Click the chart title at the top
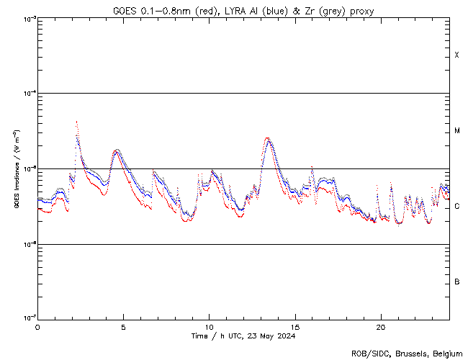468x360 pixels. [x=243, y=11]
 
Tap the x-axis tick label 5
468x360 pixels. [x=123, y=326]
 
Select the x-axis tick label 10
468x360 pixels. [x=209, y=326]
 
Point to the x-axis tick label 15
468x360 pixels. [x=294, y=326]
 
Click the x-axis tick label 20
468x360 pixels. [x=380, y=326]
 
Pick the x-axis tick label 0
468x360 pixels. [x=37, y=326]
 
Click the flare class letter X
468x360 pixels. [x=457, y=55]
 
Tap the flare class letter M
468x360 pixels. [x=457, y=131]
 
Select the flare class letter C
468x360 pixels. [x=457, y=207]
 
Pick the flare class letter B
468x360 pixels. [x=457, y=282]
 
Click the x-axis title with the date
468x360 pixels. [x=243, y=336]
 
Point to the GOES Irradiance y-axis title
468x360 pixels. [x=15, y=169]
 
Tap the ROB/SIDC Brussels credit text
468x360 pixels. [x=406, y=354]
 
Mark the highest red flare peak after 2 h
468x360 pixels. [x=76, y=122]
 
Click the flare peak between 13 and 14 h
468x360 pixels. [x=268, y=139]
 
